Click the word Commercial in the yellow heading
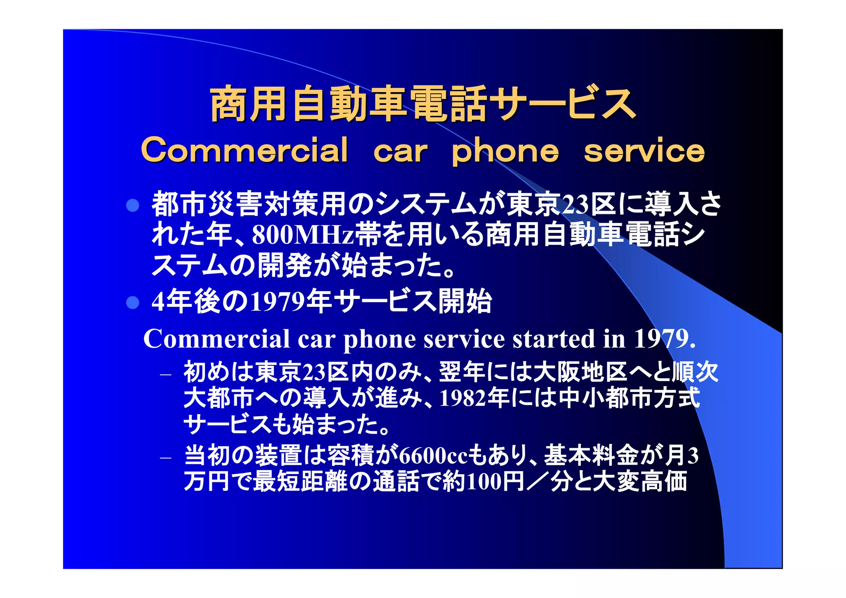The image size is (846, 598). [245, 150]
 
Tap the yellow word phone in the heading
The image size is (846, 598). [505, 152]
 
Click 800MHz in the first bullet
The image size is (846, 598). [303, 235]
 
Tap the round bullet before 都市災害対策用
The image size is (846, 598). [133, 205]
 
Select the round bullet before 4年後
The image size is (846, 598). [133, 303]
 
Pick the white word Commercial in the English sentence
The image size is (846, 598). [216, 339]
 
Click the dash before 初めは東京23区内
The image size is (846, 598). [166, 375]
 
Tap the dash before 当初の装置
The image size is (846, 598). [166, 458]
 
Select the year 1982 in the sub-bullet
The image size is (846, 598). [463, 399]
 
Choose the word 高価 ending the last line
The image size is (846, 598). [664, 482]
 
